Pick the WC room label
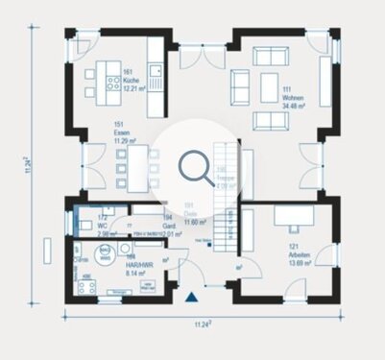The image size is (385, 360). [103, 227]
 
